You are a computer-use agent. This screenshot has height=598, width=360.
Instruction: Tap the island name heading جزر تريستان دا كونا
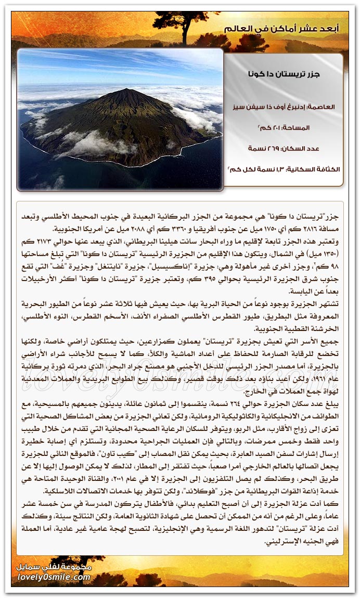pos(284,74)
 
